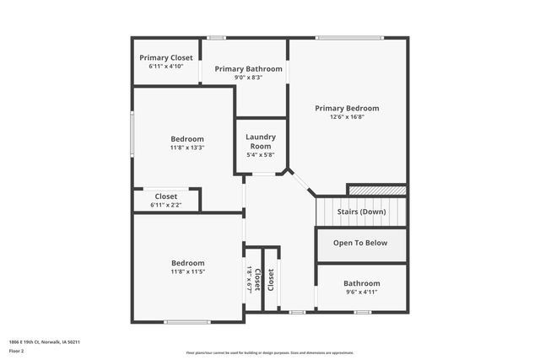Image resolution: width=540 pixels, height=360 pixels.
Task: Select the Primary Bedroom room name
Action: point(347,108)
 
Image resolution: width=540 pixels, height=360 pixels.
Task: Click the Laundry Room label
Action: point(260,141)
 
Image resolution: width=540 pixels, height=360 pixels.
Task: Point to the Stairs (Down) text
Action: point(361,212)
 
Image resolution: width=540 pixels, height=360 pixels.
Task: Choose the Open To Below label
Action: point(360,243)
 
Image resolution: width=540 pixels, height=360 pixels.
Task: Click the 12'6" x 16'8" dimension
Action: point(347,117)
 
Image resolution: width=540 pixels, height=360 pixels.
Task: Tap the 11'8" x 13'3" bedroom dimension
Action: point(187,148)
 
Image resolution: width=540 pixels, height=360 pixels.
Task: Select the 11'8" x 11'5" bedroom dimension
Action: point(187,271)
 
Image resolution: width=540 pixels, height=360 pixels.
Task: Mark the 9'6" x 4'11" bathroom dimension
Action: point(361,293)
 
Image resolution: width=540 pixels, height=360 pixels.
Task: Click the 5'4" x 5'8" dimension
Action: point(260,154)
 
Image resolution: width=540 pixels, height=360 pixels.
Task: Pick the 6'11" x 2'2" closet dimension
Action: point(165,205)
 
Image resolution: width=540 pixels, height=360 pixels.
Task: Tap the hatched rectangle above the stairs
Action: point(377,191)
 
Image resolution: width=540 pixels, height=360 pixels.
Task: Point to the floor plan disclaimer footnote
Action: point(270,352)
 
